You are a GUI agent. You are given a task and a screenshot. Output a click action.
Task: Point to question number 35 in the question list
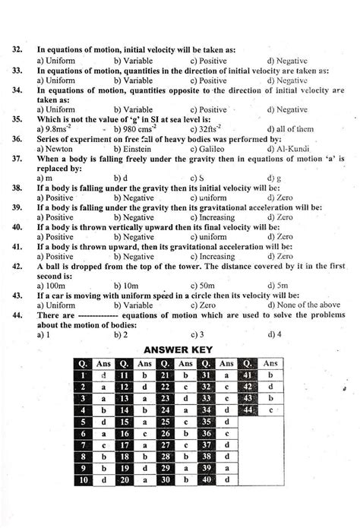(x=17, y=119)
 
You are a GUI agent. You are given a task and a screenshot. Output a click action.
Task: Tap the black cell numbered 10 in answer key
(x=82, y=480)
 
